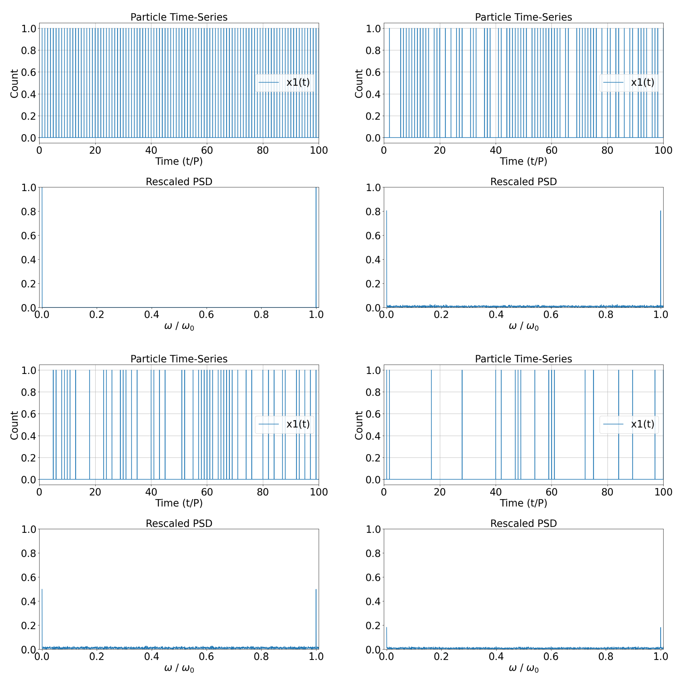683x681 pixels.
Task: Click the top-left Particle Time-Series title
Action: click(x=179, y=17)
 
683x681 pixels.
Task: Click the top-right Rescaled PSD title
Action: click(x=523, y=181)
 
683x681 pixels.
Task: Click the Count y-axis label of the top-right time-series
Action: click(x=359, y=83)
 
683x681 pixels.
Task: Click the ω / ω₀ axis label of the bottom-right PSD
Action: click(x=523, y=668)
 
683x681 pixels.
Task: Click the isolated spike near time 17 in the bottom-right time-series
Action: click(x=431, y=424)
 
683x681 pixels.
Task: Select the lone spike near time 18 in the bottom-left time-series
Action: click(x=89, y=424)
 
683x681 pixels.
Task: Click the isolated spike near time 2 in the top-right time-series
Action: click(x=389, y=83)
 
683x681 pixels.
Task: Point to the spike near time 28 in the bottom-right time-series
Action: click(x=462, y=424)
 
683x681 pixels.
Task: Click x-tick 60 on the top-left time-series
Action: click(x=207, y=150)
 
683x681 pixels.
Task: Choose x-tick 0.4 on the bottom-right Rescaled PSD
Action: click(x=496, y=657)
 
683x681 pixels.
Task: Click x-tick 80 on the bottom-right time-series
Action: click(x=607, y=492)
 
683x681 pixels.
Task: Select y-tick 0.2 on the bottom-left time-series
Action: click(x=28, y=458)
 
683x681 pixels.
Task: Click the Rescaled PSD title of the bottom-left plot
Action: click(x=179, y=523)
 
